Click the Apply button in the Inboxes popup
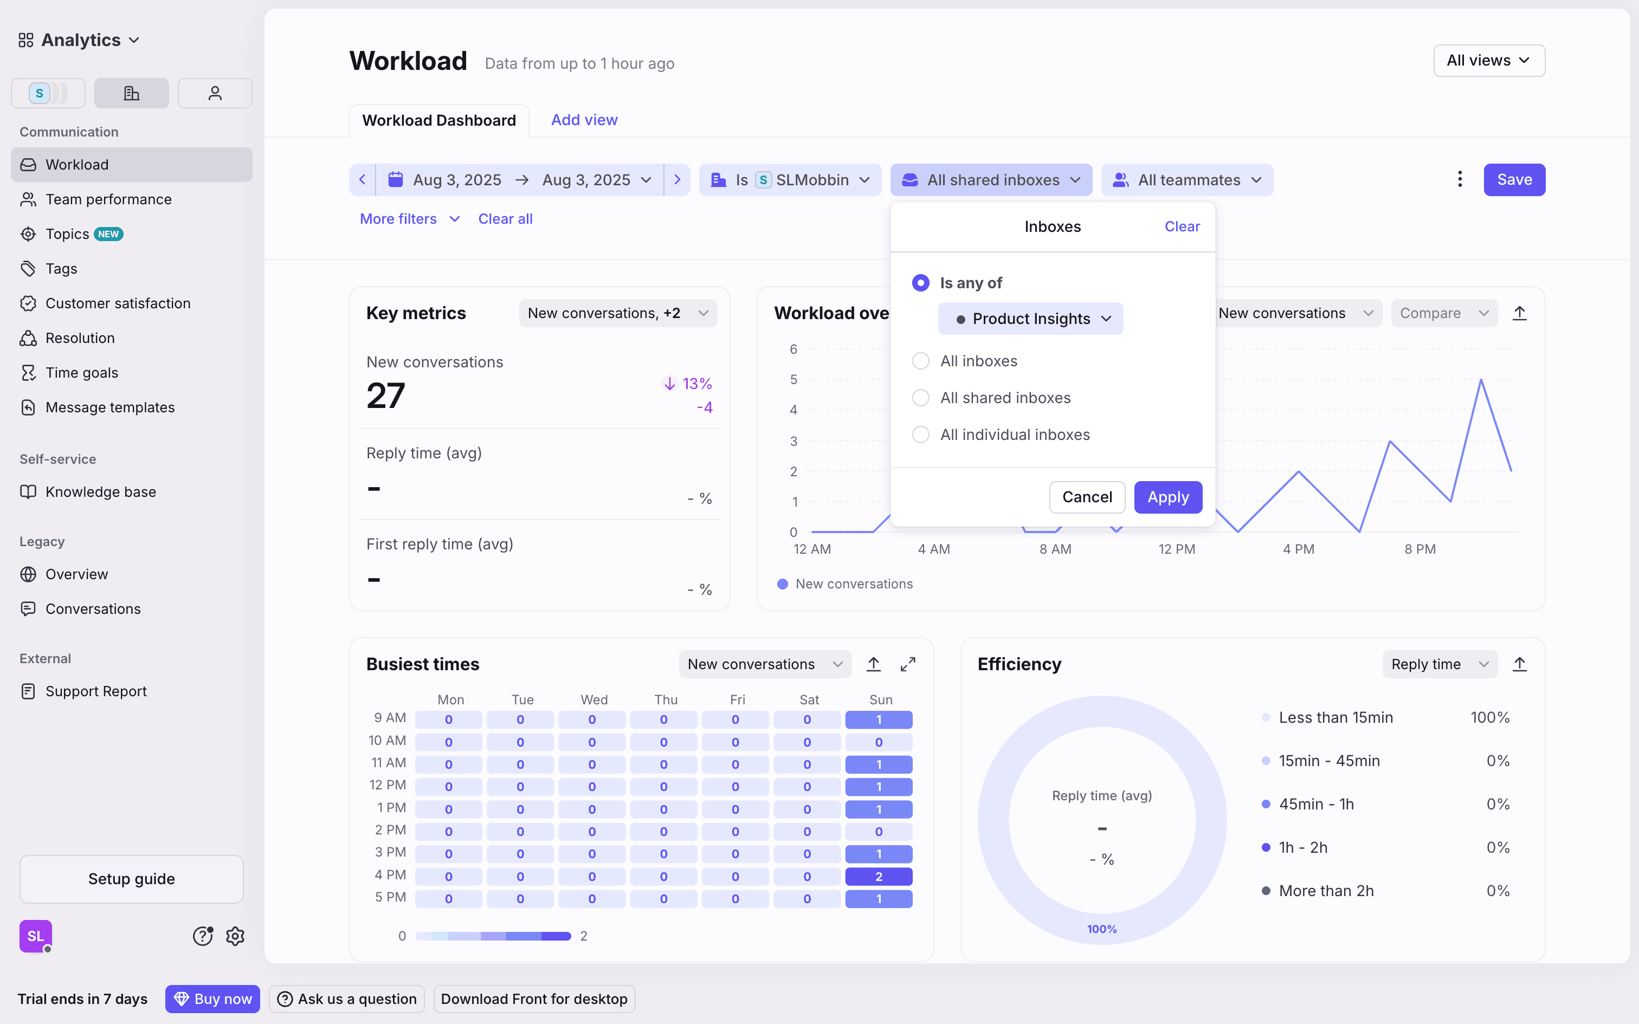(x=1167, y=497)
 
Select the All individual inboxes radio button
(x=920, y=435)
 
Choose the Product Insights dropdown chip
(x=1030, y=319)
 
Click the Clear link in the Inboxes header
(x=1182, y=227)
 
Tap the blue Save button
(x=1514, y=180)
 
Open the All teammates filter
(x=1188, y=180)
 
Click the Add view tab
(x=584, y=120)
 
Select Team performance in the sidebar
(x=108, y=200)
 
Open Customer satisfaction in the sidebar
(x=118, y=303)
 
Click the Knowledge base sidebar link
(x=100, y=492)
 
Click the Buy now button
(x=212, y=999)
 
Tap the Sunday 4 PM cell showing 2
(x=879, y=877)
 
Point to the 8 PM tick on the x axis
(x=1419, y=549)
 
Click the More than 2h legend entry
(x=1325, y=891)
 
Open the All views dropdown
(x=1489, y=61)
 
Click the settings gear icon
(x=235, y=937)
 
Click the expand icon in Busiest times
(x=907, y=664)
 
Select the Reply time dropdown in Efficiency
(x=1438, y=664)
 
